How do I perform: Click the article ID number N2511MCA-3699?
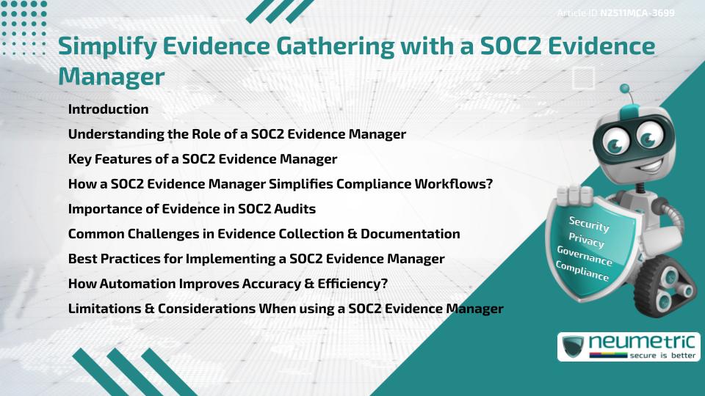pos(637,12)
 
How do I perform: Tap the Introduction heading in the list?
pos(108,109)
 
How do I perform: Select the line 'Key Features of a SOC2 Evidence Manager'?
pos(202,159)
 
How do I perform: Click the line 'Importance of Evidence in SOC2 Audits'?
pos(192,209)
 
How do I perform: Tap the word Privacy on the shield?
pos(586,241)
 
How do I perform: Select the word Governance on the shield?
pos(585,257)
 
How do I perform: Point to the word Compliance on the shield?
pos(582,272)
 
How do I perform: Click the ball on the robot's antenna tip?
pos(625,89)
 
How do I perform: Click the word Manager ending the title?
pos(111,76)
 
